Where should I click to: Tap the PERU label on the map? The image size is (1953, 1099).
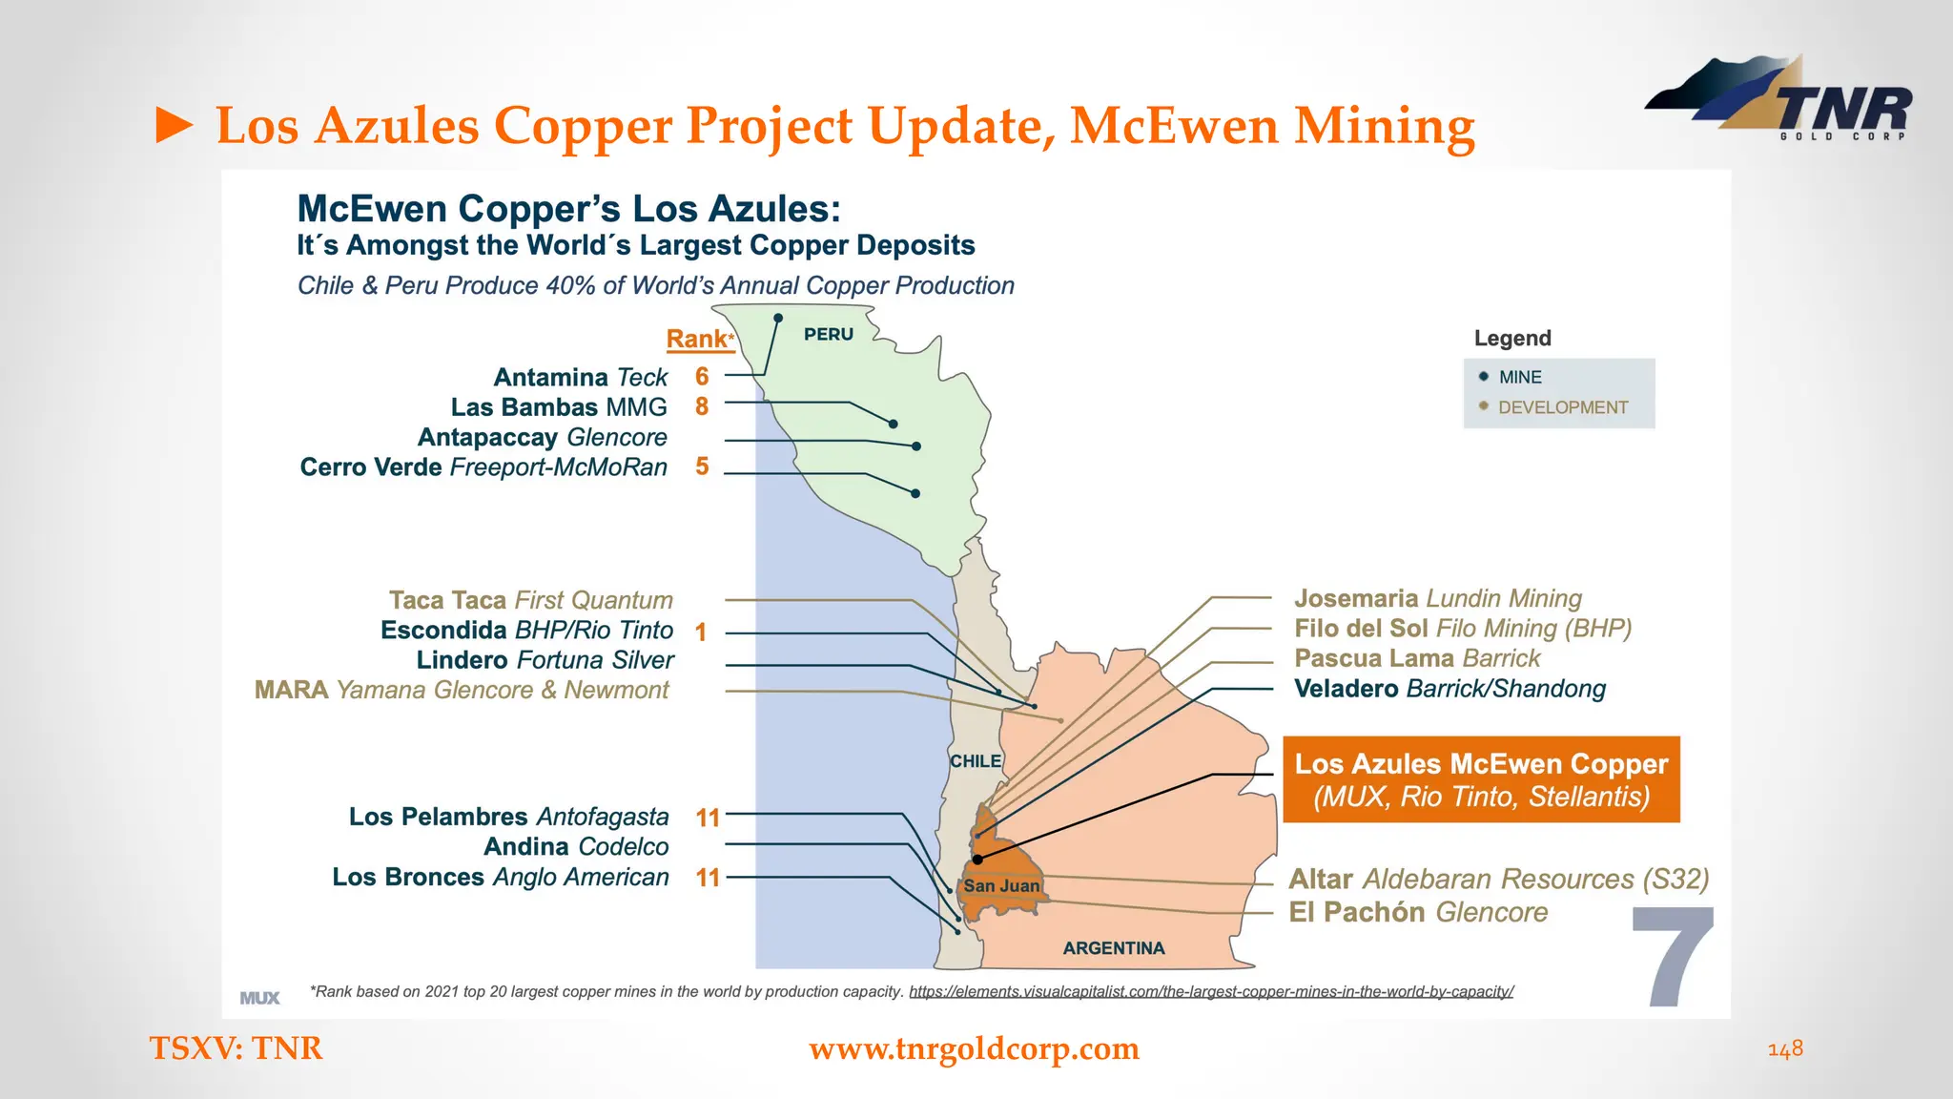828,335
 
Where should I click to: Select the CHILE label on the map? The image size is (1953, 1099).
976,761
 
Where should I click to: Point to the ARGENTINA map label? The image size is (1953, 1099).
1114,948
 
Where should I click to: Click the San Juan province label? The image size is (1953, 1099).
1001,886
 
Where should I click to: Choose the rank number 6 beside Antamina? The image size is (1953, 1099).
702,377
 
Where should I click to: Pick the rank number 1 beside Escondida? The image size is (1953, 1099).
701,632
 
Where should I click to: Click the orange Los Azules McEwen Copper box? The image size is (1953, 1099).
1481,779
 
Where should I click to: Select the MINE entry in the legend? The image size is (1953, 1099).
1520,378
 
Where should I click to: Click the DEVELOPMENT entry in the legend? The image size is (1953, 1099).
1562,408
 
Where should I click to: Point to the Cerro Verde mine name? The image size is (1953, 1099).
371,467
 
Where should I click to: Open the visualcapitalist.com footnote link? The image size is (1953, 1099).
1210,992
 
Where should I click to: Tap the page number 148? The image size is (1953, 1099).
1785,1048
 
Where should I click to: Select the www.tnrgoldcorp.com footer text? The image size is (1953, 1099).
974,1048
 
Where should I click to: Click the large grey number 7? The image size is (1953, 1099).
1675,957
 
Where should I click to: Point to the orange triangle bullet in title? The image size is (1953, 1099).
174,126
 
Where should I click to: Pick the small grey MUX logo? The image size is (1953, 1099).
259,998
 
